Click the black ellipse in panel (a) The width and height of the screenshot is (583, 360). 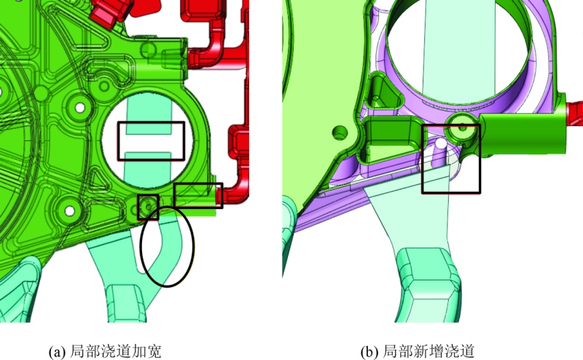click(x=141, y=246)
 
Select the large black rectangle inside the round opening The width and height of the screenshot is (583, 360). click(x=151, y=122)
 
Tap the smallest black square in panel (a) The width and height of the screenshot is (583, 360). click(x=149, y=195)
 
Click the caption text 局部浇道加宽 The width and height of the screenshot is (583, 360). click(x=116, y=351)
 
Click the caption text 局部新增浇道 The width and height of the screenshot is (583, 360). click(x=429, y=351)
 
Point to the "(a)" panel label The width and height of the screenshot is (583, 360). click(x=58, y=351)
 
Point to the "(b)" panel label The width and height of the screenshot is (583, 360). click(x=369, y=351)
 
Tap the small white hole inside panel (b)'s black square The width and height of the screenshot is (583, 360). click(x=441, y=143)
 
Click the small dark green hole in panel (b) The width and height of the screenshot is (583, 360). click(x=340, y=132)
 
